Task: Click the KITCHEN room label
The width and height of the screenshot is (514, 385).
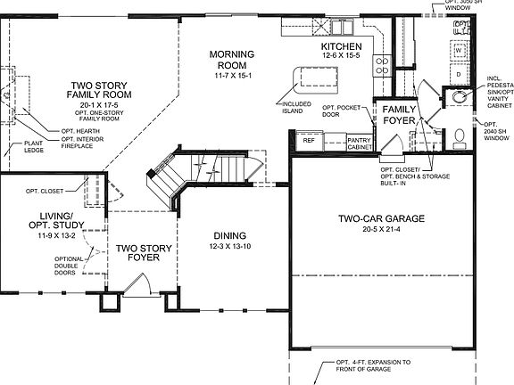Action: (342, 45)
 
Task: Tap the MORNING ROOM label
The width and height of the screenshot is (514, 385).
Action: (231, 61)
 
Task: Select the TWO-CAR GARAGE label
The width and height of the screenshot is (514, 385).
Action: (380, 218)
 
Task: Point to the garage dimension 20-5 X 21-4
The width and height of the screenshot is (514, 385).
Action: (380, 230)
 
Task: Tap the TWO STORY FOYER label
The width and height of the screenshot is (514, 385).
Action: (138, 255)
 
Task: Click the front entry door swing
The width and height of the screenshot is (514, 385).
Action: (137, 287)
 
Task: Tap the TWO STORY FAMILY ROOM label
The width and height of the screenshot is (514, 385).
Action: (101, 93)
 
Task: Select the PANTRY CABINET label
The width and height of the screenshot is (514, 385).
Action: (359, 143)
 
